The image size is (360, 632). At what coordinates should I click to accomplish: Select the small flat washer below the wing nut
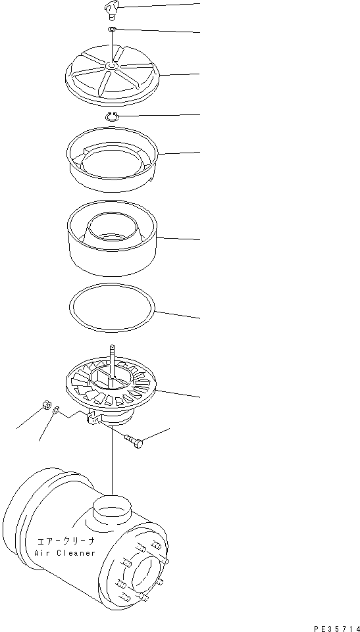113,30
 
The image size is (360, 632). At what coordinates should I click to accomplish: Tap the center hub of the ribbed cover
112,65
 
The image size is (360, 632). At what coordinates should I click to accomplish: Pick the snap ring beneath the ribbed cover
113,116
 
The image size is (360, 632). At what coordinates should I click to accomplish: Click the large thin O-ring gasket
113,307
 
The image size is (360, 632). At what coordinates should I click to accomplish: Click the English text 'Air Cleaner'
65,553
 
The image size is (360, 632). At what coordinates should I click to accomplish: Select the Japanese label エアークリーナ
64,541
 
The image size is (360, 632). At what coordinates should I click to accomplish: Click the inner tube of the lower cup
113,228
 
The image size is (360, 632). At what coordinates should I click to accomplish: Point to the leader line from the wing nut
158,6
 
